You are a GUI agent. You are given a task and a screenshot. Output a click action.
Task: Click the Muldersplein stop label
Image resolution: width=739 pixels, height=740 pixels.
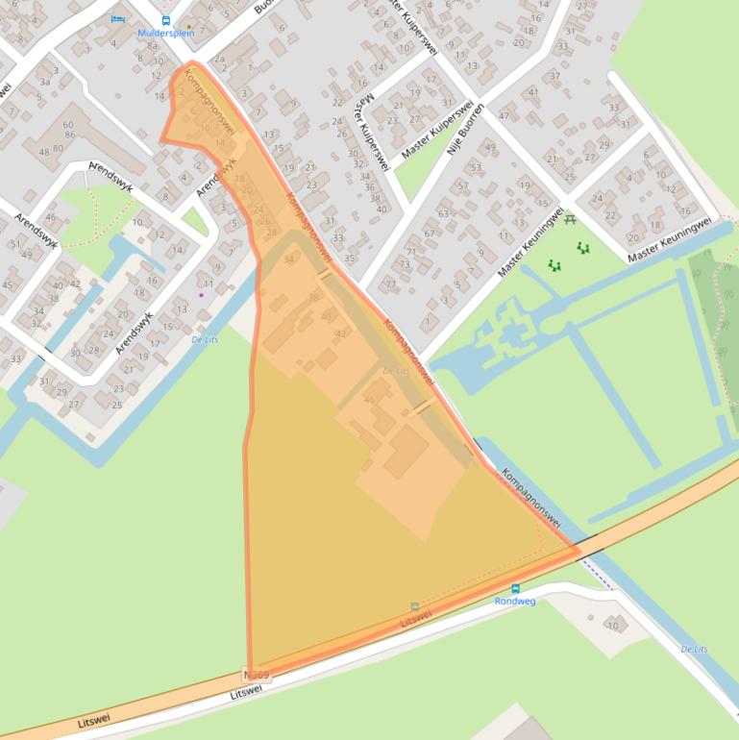[x=166, y=33]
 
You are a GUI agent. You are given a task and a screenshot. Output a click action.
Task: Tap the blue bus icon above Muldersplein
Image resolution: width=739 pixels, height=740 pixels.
[x=165, y=20]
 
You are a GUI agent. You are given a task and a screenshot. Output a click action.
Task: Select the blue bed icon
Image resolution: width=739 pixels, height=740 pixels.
[x=118, y=18]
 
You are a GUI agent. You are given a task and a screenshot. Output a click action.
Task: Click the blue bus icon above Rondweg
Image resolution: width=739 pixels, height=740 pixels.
[x=515, y=588]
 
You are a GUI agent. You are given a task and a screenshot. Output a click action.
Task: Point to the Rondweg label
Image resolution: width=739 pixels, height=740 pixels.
[x=515, y=601]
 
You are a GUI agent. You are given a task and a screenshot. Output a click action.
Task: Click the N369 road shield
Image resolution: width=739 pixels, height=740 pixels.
[x=258, y=676]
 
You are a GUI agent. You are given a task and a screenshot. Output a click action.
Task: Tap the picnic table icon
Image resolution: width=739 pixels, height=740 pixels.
[x=570, y=220]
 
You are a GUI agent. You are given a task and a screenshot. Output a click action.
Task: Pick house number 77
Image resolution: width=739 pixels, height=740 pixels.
[x=390, y=284]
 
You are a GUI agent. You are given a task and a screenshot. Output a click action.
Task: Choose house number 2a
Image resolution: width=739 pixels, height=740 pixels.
[x=220, y=59]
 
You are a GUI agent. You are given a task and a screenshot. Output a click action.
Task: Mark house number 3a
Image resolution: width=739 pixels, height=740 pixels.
[x=44, y=83]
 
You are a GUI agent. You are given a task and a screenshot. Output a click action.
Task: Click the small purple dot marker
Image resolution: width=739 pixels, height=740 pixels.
[x=201, y=295]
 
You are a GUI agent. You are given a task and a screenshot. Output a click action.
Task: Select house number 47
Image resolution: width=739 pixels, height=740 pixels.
[x=504, y=116]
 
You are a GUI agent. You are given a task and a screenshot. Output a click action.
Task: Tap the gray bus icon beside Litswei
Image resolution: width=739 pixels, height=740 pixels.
[x=414, y=606]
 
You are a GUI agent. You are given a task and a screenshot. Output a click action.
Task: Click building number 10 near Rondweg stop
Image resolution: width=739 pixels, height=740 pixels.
[x=613, y=626]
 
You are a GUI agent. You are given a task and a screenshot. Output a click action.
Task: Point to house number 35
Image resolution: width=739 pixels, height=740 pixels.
[x=350, y=258]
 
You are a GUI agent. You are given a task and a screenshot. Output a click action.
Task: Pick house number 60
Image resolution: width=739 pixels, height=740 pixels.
[x=67, y=125]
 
